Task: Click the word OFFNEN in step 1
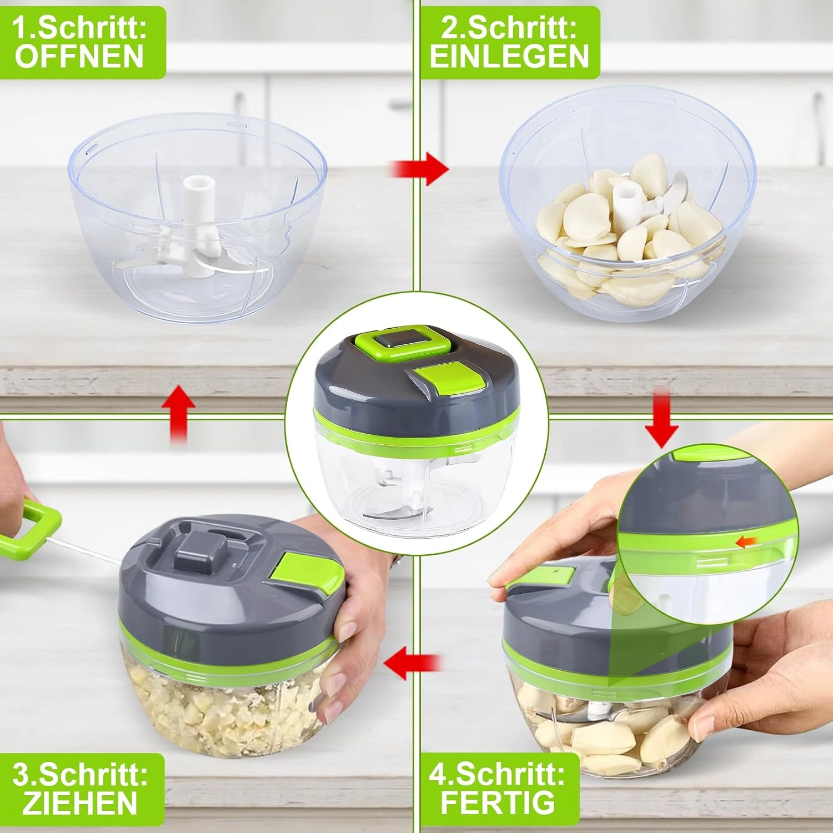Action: click(x=79, y=57)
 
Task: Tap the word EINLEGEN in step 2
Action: click(x=509, y=57)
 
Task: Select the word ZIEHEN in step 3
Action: click(x=80, y=803)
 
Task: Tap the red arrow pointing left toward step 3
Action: click(x=413, y=663)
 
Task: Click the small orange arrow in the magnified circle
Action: click(x=744, y=541)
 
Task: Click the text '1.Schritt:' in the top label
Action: click(x=79, y=28)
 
